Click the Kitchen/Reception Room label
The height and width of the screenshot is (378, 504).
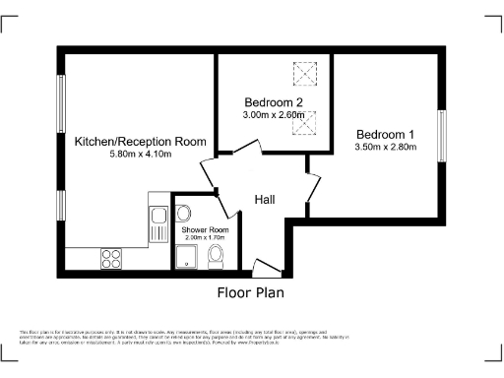(x=141, y=142)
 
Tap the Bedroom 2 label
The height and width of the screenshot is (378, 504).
(x=273, y=102)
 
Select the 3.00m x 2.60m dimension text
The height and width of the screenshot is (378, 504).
(x=273, y=115)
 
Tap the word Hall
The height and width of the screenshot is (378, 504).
(x=265, y=200)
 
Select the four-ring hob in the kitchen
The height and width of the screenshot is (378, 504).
(x=110, y=259)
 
